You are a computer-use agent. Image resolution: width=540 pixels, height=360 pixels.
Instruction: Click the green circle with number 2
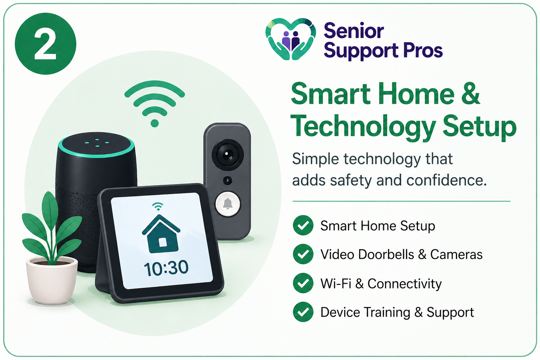(45, 44)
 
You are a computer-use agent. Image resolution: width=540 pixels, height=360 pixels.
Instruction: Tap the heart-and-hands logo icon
(290, 39)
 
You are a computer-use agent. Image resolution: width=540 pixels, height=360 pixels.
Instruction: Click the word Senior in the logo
(353, 31)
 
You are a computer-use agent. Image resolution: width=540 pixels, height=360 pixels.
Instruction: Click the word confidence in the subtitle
(446, 180)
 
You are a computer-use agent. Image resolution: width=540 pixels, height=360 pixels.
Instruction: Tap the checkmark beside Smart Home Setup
(303, 225)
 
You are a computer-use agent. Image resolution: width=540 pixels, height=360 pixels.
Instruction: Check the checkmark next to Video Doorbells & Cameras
(303, 254)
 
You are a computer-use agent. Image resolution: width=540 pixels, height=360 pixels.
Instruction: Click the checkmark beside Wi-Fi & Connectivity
(303, 283)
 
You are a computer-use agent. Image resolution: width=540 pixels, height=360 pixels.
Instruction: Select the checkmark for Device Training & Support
(303, 312)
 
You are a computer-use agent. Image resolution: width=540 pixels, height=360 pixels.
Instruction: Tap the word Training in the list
(387, 313)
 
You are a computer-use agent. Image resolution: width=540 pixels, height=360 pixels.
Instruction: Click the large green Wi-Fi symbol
(155, 102)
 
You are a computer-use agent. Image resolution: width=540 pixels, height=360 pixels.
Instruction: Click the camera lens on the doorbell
(227, 154)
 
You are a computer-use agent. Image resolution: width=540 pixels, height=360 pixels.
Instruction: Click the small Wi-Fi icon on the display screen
(158, 206)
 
